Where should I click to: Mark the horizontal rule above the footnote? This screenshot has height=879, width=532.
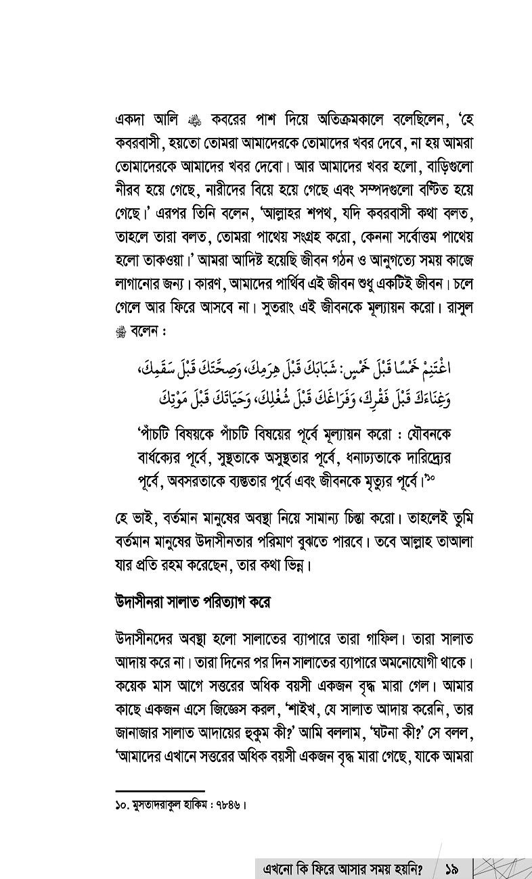(x=160, y=790)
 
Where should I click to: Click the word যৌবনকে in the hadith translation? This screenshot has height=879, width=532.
(x=425, y=435)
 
